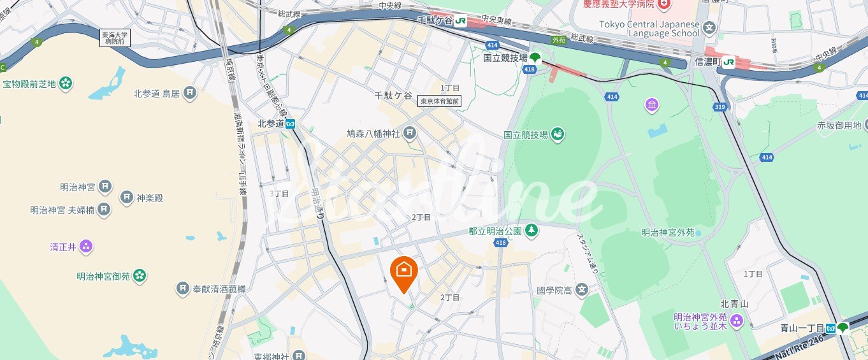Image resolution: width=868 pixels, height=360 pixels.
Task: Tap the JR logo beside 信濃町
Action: pos(728,62)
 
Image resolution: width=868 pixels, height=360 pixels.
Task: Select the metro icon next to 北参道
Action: pos(290,124)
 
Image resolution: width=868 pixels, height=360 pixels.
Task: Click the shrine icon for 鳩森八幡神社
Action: pos(409,134)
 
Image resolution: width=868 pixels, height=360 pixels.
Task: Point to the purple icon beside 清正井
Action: pos(87,246)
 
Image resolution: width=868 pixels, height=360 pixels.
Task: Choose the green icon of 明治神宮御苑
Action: pos(140,276)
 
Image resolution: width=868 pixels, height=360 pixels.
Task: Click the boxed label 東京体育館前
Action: pos(438,101)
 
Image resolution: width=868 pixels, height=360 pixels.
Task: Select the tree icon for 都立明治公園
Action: pos(531,231)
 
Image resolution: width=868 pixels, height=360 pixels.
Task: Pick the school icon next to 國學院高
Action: pos(581,291)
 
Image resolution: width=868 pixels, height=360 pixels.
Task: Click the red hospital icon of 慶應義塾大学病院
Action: pos(665,4)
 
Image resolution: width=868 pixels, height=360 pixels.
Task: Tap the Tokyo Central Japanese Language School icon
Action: pos(709,29)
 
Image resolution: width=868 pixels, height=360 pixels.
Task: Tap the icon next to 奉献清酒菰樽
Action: pos(183,289)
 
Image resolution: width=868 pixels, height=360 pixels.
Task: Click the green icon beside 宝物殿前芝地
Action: pos(66,83)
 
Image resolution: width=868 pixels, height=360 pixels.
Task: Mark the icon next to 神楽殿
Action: pos(126,198)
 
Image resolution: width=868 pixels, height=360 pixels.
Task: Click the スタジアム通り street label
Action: pos(588,252)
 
